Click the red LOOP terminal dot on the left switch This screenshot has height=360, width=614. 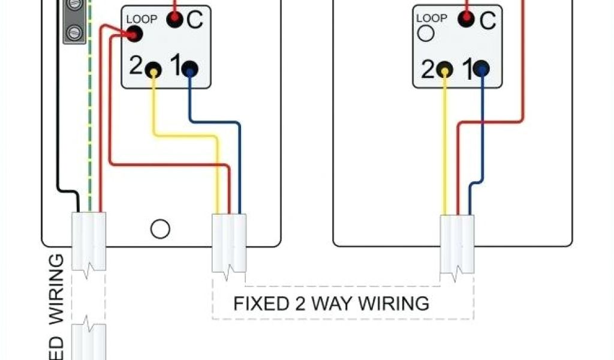point(134,35)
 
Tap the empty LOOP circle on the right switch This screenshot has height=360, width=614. point(426,34)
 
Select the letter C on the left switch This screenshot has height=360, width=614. point(195,20)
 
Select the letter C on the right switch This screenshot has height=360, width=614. point(487,21)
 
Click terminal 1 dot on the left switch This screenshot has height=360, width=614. point(190,69)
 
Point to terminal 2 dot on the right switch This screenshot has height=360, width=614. point(445,69)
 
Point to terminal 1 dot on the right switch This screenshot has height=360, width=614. point(481,69)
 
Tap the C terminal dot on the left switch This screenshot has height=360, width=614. point(174,20)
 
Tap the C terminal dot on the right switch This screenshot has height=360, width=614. point(466,20)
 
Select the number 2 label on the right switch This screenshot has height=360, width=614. point(427,70)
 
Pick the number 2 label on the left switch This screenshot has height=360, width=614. point(136,67)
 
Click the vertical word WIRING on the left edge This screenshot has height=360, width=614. point(56,289)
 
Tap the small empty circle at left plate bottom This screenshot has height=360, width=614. point(160,229)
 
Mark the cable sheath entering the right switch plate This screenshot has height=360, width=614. point(457,243)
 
